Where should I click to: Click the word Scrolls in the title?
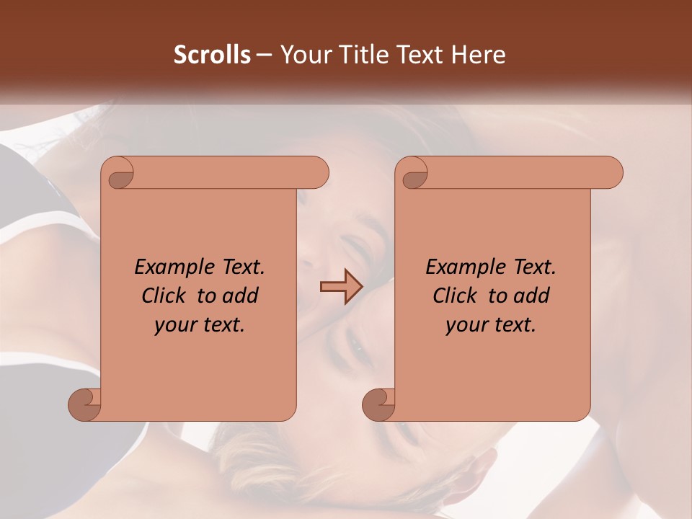point(213,55)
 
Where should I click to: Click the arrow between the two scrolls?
point(341,287)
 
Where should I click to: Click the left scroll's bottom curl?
point(85,404)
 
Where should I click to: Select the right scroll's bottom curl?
point(379,404)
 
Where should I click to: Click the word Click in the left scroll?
point(165,296)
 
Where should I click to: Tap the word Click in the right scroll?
point(456,296)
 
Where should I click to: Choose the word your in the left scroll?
point(174,325)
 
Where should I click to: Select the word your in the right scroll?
point(465,325)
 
